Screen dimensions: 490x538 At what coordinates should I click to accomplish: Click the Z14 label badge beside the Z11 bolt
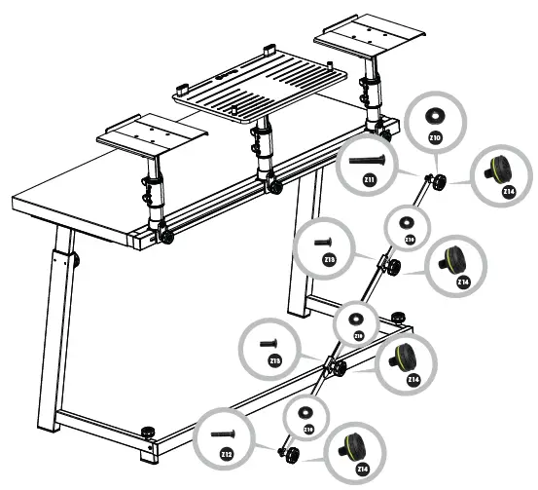[x=508, y=192]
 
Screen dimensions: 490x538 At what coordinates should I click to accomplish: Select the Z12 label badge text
[x=226, y=454]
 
